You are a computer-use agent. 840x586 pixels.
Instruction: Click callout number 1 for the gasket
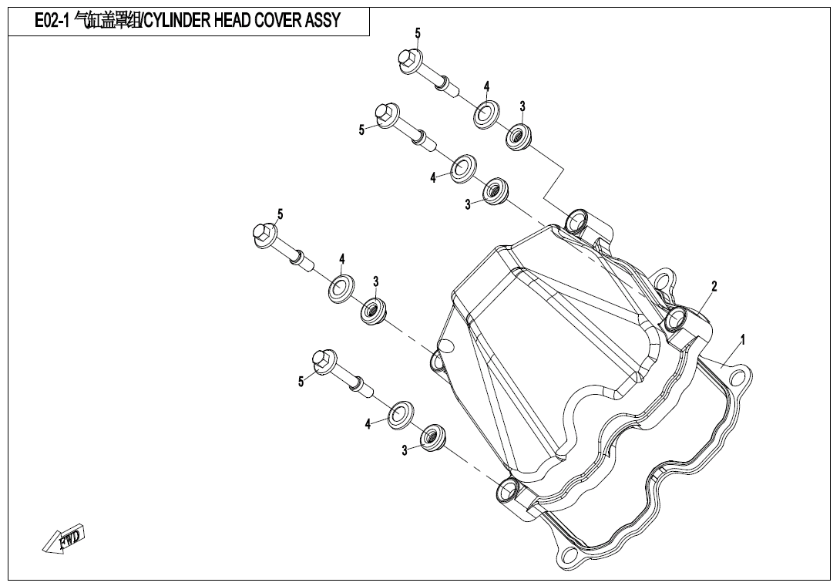742,339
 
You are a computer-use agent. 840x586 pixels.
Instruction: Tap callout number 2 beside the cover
714,286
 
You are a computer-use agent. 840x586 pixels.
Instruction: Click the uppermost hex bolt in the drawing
428,73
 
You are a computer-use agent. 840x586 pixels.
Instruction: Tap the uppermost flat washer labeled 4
486,115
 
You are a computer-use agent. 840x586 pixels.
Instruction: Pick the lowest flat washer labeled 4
401,414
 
